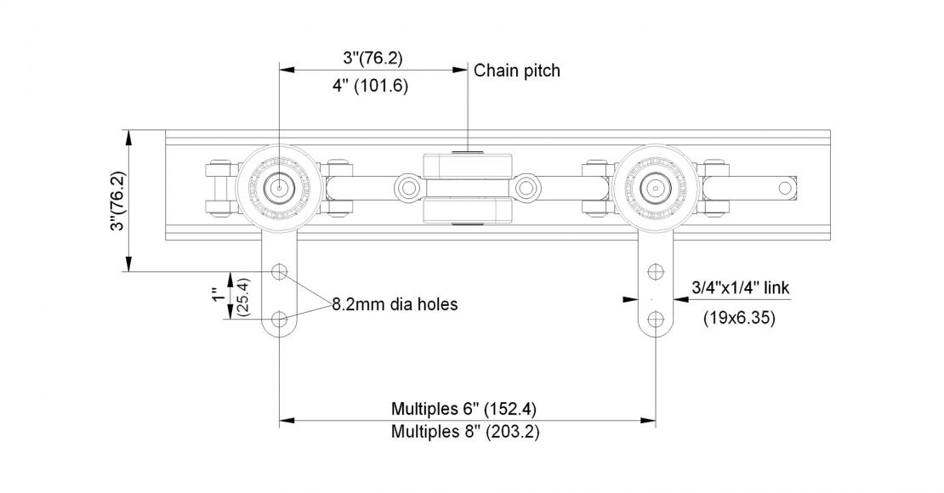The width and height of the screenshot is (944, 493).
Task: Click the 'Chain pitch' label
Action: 517,71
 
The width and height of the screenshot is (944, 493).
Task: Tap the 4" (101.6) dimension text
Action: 375,86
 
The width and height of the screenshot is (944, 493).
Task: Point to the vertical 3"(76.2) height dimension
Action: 118,201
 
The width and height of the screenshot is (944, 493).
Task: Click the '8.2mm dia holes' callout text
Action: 395,303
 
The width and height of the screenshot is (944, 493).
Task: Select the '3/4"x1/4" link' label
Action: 740,288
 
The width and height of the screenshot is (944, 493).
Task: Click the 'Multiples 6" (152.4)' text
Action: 463,408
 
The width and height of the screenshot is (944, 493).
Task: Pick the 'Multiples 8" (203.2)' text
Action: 464,431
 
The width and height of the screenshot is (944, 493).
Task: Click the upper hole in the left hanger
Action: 279,272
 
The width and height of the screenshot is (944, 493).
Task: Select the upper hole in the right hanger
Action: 654,272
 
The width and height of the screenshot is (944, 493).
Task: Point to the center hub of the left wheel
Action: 278,185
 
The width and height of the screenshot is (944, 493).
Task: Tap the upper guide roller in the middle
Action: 467,163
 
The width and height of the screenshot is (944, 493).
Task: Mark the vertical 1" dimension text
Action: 219,296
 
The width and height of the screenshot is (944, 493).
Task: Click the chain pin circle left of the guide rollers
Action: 407,184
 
